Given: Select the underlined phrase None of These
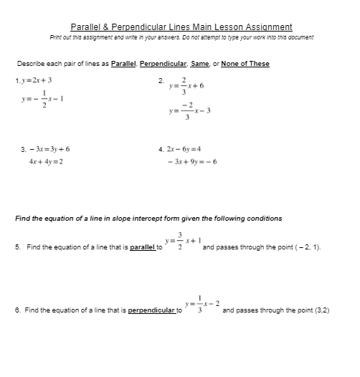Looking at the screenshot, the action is pos(245,64).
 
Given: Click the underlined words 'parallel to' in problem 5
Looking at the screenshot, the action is pos(146,247).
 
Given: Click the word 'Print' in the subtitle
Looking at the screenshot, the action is pos(57,37).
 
